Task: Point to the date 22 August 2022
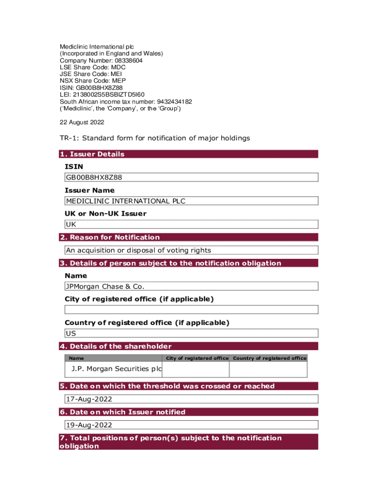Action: pyautogui.click(x=82, y=122)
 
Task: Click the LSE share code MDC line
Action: pyautogui.click(x=93, y=67)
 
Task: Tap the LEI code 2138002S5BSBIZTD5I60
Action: pyautogui.click(x=102, y=95)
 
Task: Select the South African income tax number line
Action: pyautogui.click(x=126, y=101)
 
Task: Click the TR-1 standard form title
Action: pyautogui.click(x=155, y=138)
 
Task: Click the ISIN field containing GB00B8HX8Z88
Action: pyautogui.click(x=191, y=177)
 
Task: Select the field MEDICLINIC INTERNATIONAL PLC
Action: pyautogui.click(x=191, y=201)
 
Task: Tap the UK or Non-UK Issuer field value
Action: pyautogui.click(x=191, y=225)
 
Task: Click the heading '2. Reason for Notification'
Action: pyautogui.click(x=110, y=237)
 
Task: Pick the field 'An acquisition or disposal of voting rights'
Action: pyautogui.click(x=191, y=251)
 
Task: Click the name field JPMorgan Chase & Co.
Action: pyautogui.click(x=191, y=286)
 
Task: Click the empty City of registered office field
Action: pyautogui.click(x=191, y=310)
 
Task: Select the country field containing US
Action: pyautogui.click(x=191, y=333)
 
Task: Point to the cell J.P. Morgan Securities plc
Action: pyautogui.click(x=117, y=369)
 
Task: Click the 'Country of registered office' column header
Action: pyautogui.click(x=269, y=358)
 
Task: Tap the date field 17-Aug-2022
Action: pyautogui.click(x=191, y=399)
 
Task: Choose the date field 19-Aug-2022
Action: pyautogui.click(x=191, y=425)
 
